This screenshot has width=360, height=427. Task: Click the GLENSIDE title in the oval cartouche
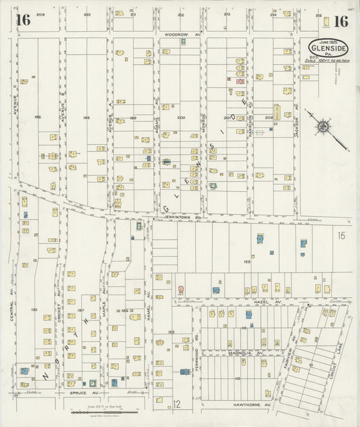pyautogui.click(x=328, y=48)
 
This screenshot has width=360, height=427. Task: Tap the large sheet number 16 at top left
pyautogui.click(x=23, y=20)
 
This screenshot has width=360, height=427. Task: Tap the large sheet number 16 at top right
pyautogui.click(x=340, y=21)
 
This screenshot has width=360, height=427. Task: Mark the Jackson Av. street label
pyautogui.click(x=297, y=122)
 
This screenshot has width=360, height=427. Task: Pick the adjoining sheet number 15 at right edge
pyautogui.click(x=341, y=235)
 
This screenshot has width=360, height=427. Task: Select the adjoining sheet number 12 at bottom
pyautogui.click(x=176, y=405)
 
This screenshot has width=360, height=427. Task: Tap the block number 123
pyautogui.click(x=247, y=261)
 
